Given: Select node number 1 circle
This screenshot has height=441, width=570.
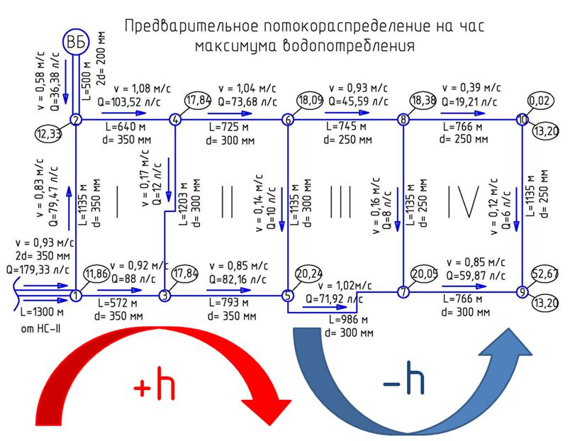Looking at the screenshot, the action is point(76,296).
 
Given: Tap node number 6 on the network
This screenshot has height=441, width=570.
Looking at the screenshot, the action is point(288,120).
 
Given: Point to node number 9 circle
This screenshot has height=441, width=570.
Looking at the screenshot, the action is point(522,291).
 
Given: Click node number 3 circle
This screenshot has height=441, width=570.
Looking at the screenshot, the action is point(164,296).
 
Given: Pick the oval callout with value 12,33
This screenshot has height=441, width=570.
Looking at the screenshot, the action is point(48,134).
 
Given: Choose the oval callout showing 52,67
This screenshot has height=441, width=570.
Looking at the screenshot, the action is point(544,274).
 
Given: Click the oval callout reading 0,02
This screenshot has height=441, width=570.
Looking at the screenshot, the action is point(540,101).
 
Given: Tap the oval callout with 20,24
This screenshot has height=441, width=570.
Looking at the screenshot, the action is point(309,274).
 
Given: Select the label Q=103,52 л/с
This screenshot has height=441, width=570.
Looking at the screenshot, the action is point(129,102).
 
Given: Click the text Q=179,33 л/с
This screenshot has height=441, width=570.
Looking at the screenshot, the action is point(38,269).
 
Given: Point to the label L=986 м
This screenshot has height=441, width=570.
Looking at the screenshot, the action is point(348,320).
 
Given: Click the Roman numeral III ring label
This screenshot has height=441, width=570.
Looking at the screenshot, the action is point(340,202).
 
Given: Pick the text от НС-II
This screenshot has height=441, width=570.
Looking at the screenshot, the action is point(40,329).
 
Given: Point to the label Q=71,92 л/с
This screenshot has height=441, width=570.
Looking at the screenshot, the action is point(334,299).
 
